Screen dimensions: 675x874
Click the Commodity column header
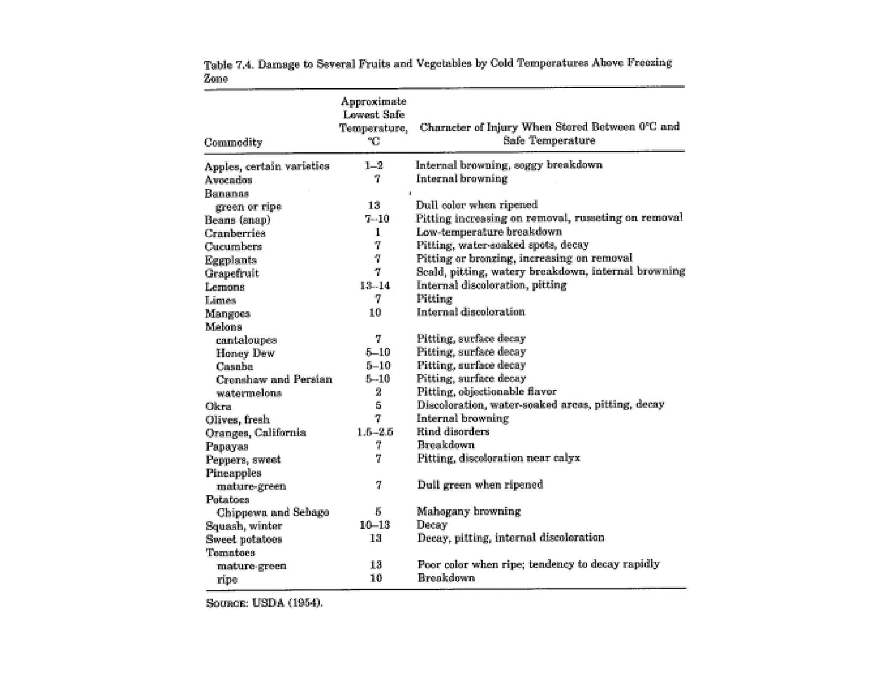(x=233, y=142)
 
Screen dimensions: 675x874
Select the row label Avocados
(x=228, y=180)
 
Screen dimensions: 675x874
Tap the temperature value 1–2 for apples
(x=374, y=166)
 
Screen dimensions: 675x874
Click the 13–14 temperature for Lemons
(x=375, y=285)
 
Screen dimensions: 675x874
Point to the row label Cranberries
(x=235, y=233)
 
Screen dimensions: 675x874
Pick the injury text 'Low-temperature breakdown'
(x=489, y=232)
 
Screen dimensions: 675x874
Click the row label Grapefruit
(x=232, y=273)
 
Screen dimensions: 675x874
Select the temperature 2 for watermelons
(x=378, y=392)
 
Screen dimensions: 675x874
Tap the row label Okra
(x=218, y=406)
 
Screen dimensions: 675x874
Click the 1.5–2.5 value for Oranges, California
(x=375, y=432)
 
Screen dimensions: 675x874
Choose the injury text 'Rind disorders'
(x=453, y=431)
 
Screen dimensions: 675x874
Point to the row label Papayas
(x=227, y=446)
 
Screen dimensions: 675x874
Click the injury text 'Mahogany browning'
(x=469, y=511)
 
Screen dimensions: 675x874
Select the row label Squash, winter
(x=244, y=526)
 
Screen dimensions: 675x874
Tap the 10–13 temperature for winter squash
(x=375, y=525)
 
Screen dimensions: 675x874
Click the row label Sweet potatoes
(x=244, y=539)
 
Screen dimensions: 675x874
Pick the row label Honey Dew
(x=245, y=353)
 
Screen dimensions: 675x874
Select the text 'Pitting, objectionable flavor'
(x=487, y=391)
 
